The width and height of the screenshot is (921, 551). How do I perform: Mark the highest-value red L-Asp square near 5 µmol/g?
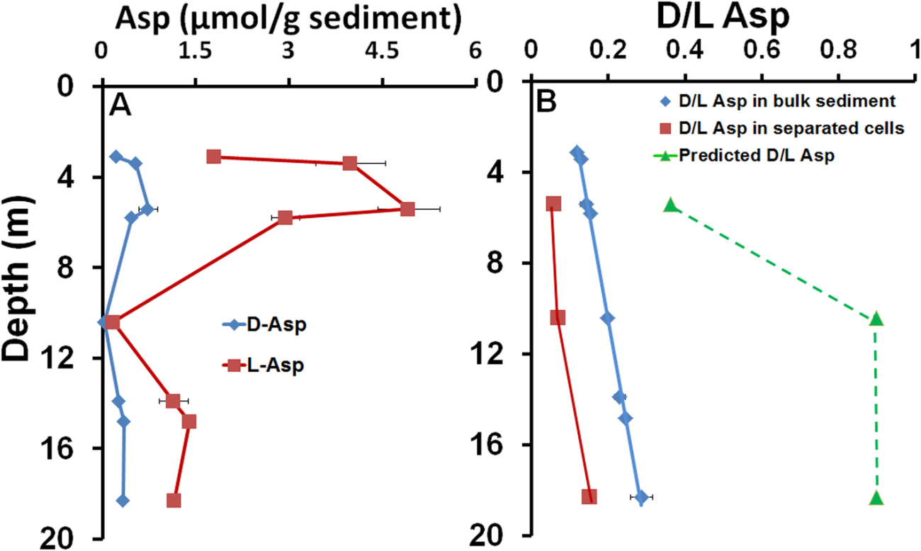pos(407,209)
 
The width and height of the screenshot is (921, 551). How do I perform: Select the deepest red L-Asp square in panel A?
pos(174,501)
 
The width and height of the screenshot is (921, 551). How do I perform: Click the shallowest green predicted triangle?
pos(670,206)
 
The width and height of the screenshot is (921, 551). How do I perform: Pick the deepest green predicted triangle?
pos(876,498)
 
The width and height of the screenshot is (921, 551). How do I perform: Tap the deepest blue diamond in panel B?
pos(641,497)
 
